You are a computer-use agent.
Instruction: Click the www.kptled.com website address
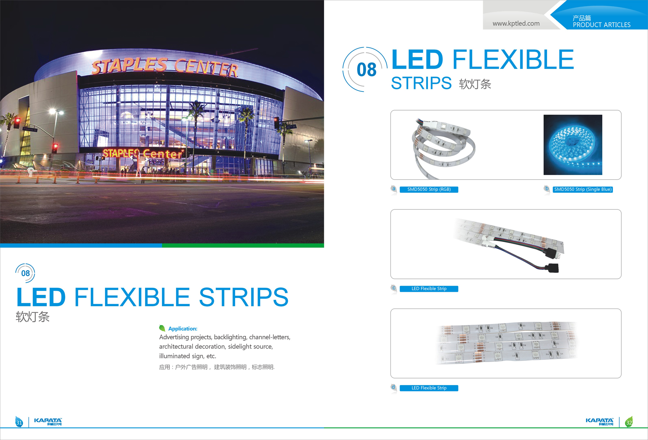516,23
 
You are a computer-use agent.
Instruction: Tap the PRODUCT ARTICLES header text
602,25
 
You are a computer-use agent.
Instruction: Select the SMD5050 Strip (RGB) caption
429,189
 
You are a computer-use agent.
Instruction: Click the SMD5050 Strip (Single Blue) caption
583,189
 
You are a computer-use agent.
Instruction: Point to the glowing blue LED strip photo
573,145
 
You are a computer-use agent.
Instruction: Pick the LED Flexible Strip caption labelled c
429,289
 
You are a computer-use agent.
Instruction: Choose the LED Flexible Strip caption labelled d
429,388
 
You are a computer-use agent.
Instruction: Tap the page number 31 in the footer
19,423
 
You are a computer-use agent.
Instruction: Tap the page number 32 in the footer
629,423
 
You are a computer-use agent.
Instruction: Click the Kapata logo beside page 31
48,422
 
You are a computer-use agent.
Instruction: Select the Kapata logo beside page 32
600,422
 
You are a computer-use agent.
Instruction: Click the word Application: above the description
182,329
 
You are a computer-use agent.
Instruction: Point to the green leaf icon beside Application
162,328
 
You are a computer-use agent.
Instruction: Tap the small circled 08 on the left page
25,273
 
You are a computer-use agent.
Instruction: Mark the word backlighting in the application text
230,337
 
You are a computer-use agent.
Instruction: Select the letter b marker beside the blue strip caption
547,189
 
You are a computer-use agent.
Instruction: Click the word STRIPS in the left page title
244,297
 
